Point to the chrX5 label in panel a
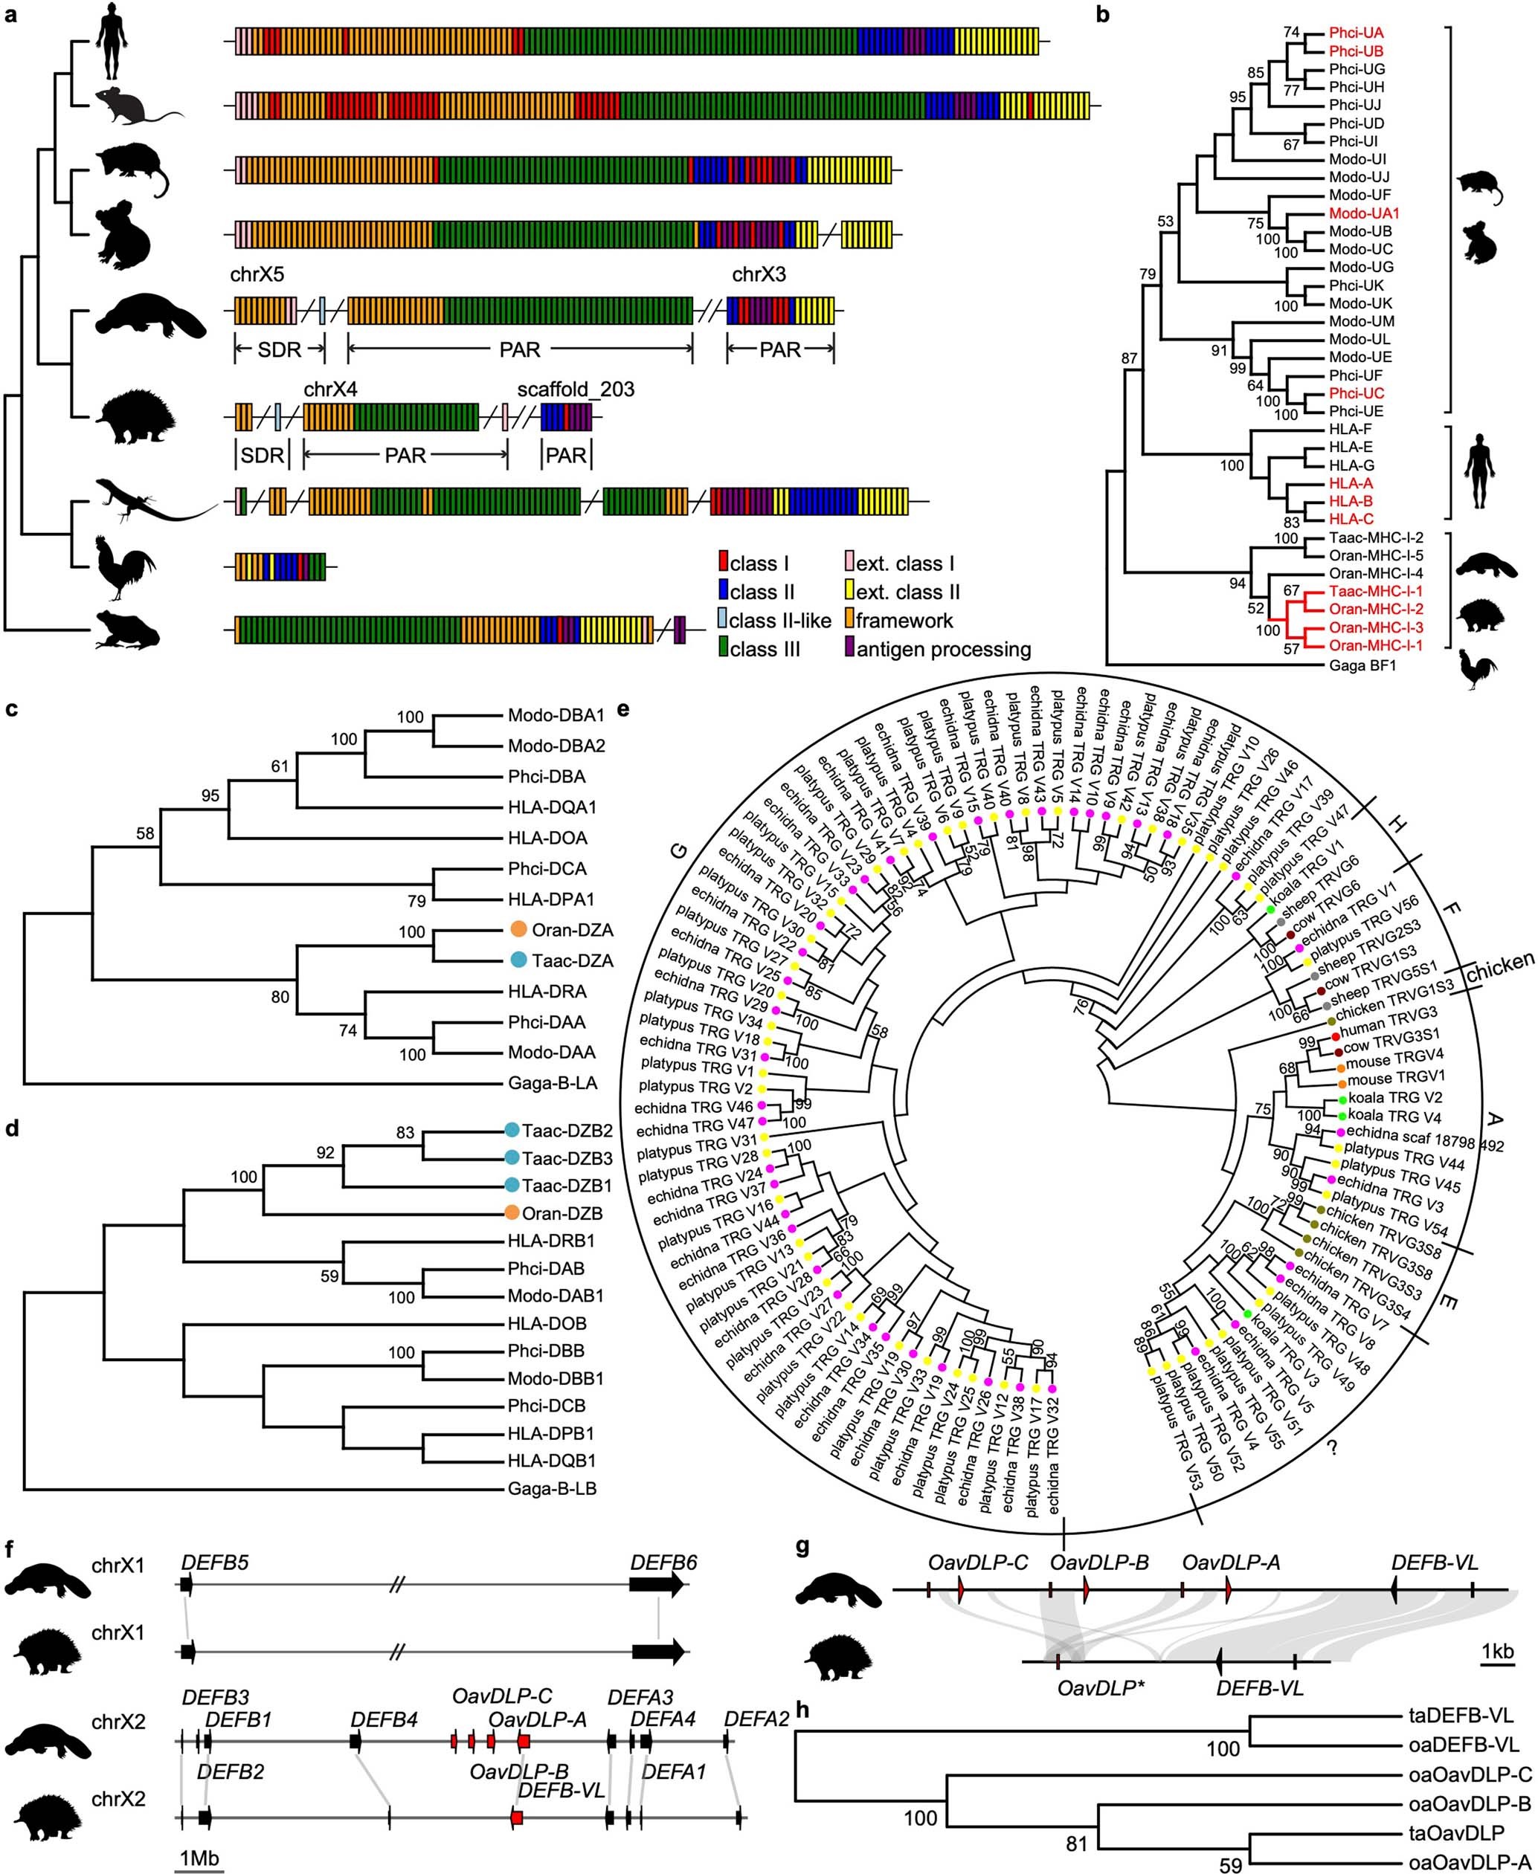(x=258, y=274)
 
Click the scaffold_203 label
(x=576, y=390)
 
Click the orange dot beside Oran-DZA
(x=518, y=930)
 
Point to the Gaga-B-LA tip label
(x=552, y=1082)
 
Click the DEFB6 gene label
(x=663, y=1563)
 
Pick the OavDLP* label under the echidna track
(x=1097, y=1688)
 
